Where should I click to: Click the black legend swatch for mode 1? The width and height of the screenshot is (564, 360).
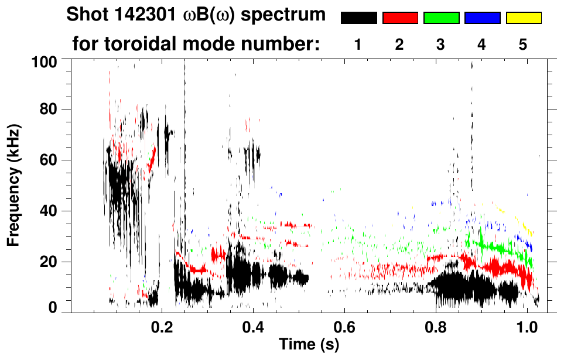[x=358, y=18]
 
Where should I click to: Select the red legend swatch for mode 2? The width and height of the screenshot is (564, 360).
[x=400, y=18]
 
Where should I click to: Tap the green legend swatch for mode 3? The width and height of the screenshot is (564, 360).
[x=441, y=18]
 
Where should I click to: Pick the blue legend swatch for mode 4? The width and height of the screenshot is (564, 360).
[x=482, y=18]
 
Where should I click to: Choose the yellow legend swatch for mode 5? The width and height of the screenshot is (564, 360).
[x=524, y=18]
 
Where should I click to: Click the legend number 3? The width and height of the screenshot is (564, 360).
[x=440, y=44]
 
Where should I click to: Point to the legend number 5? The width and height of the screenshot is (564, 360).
[x=523, y=44]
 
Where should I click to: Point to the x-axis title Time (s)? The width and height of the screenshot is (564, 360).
[x=309, y=345]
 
